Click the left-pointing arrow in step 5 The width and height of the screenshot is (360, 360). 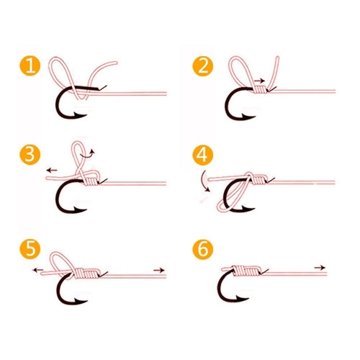(x=37, y=270)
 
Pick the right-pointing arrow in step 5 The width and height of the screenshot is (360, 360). (x=159, y=270)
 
